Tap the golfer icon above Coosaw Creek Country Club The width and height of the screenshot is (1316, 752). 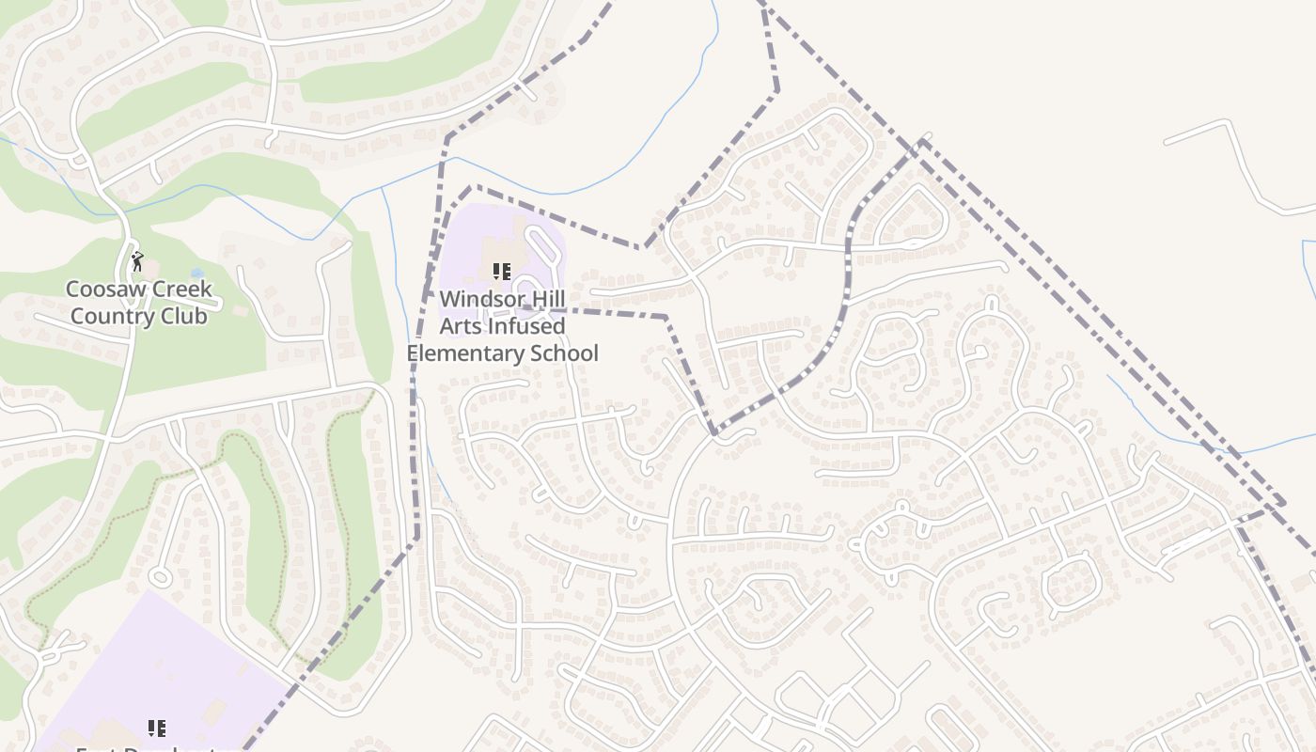point(137,261)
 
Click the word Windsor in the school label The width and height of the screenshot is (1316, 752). point(482,299)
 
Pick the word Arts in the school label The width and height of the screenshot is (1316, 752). point(462,326)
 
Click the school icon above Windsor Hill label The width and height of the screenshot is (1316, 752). point(502,272)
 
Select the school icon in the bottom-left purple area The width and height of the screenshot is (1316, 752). point(157,728)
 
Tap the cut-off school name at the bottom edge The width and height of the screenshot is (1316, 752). point(150,748)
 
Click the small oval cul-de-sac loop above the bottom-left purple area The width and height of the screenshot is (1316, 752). point(159,576)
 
